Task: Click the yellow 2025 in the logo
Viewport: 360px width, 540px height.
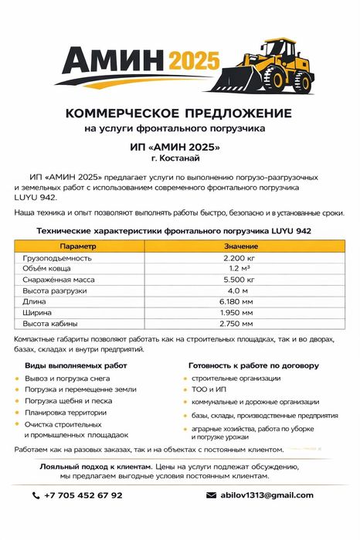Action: click(194, 61)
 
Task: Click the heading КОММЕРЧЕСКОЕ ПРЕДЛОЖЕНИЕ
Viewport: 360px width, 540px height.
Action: click(179, 113)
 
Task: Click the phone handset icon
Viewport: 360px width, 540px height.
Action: click(36, 495)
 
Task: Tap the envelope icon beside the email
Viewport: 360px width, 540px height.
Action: click(210, 495)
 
